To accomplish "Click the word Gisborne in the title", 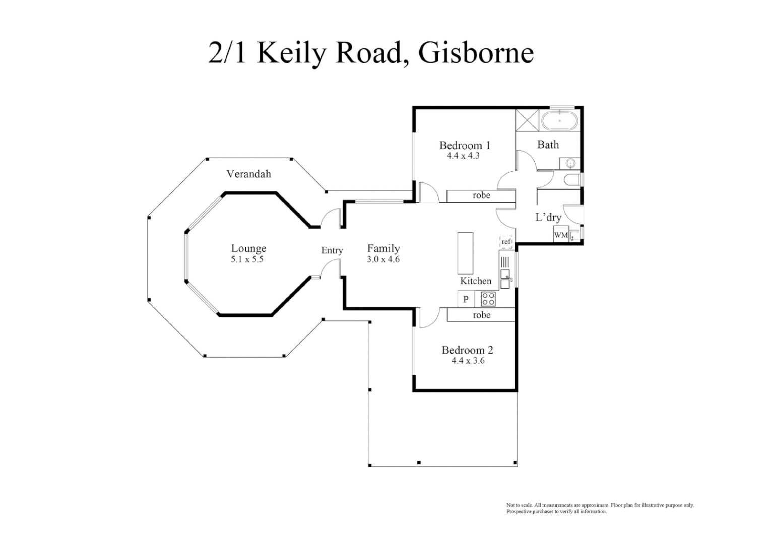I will (476, 53).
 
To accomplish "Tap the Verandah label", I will (248, 174).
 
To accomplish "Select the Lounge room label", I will (248, 248).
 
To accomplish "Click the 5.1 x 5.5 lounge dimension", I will (247, 260).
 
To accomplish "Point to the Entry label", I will (332, 250).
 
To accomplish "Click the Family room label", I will (383, 248).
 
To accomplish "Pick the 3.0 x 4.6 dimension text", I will (383, 260).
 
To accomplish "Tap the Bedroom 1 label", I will (464, 146).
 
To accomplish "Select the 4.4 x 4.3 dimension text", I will (463, 156).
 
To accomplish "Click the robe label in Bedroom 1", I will (481, 195).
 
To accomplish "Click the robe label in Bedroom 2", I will (481, 315).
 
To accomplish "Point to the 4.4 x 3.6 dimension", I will (468, 361).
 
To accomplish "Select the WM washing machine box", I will (561, 235).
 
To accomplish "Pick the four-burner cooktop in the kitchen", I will (488, 299).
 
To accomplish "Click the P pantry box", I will (466, 299).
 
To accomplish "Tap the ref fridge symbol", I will (506, 242).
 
